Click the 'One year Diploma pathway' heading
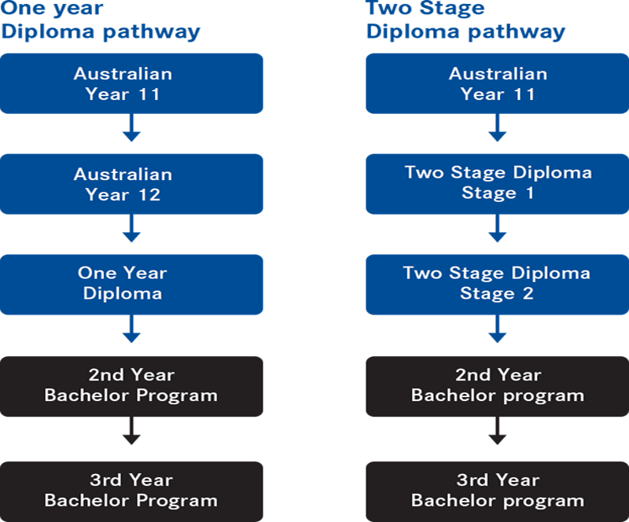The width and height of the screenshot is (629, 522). pos(101,20)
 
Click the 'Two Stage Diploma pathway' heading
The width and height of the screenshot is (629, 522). pos(465,20)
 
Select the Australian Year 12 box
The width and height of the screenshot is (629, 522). pos(131,184)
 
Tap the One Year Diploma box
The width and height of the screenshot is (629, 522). pos(131,285)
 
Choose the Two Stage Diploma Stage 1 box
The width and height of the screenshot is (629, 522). pos(498,184)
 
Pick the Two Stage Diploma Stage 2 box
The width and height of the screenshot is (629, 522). pos(498,285)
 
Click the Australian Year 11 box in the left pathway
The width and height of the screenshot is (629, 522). pos(131,83)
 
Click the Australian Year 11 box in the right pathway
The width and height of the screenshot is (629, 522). pos(498,83)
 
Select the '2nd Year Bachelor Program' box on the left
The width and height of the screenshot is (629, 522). pos(131,386)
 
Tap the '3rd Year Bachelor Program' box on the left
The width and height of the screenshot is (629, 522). pos(131,491)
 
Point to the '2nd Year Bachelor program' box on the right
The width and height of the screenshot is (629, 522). pos(498,386)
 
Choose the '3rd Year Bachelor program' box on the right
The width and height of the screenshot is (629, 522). pos(498,491)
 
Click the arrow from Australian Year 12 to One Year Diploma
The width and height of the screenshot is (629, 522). pos(131,228)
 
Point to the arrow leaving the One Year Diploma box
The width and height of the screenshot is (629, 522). pos(131,329)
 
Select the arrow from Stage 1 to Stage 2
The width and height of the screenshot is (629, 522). pos(498,228)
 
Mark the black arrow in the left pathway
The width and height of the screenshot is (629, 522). pos(131,431)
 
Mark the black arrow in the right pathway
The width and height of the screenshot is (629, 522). pos(498,431)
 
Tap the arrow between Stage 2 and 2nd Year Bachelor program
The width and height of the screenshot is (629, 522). pos(498,329)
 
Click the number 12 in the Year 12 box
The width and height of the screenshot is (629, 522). pos(149,195)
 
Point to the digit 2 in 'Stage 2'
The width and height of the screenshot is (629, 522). pos(528,293)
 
